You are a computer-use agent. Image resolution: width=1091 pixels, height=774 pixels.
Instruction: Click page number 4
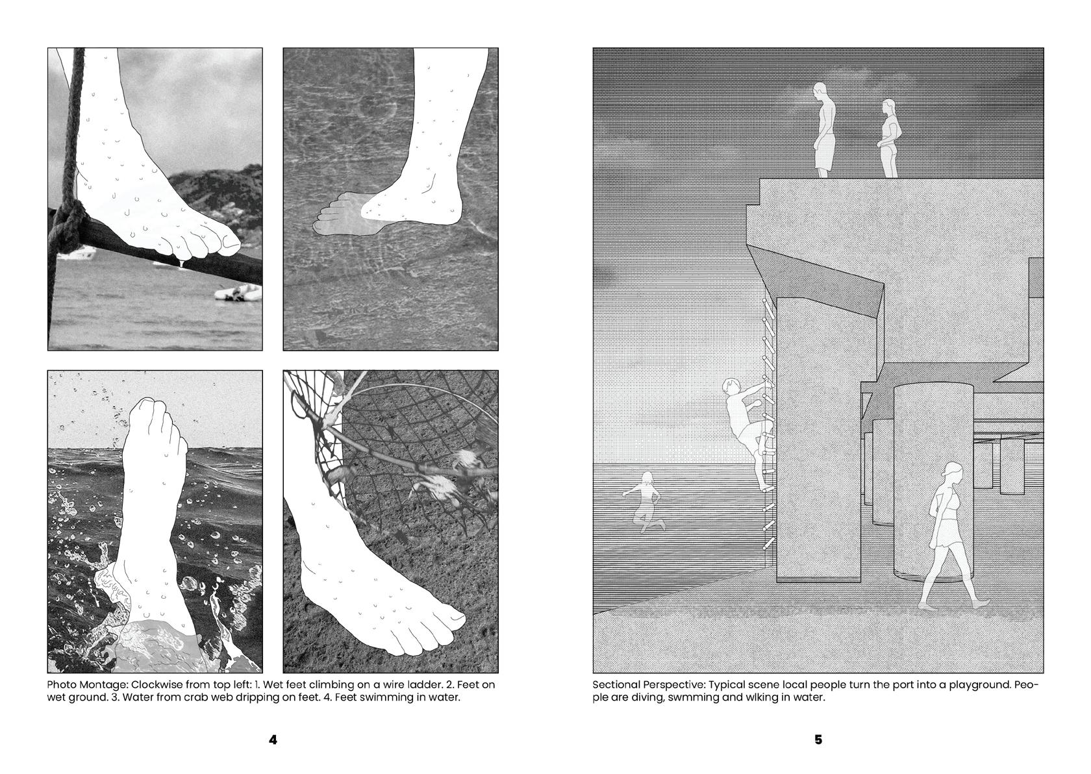[273, 740]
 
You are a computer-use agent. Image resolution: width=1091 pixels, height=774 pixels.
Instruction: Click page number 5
[818, 740]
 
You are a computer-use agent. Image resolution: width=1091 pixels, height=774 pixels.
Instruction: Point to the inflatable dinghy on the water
[238, 293]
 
